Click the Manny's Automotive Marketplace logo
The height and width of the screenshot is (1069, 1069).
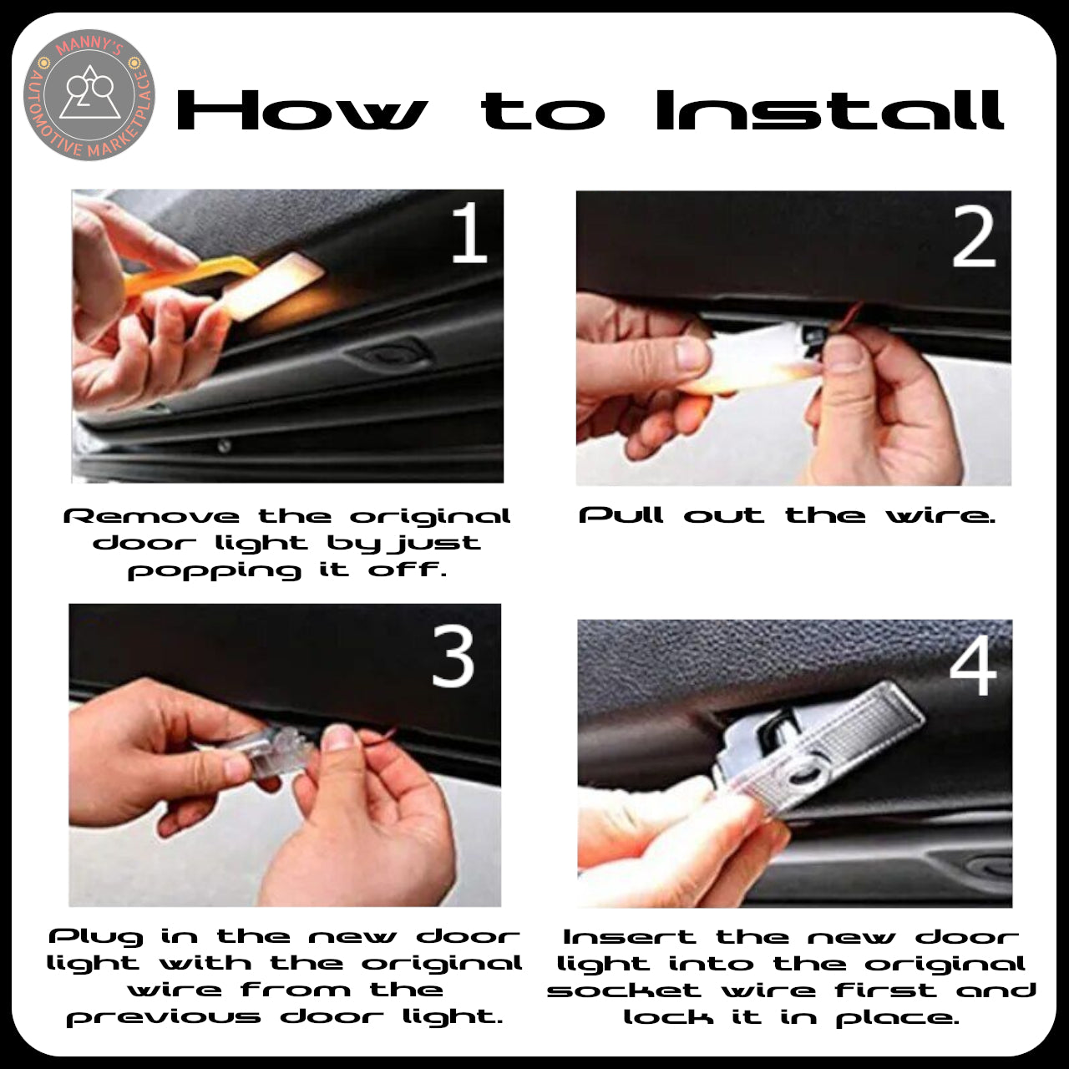click(x=89, y=95)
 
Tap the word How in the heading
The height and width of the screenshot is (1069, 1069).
click(x=302, y=110)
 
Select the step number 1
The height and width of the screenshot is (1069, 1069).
click(x=469, y=232)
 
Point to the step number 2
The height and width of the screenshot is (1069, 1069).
click(x=974, y=237)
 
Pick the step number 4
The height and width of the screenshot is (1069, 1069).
click(x=973, y=665)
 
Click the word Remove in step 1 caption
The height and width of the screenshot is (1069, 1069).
click(x=151, y=516)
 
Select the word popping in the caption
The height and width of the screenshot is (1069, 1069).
click(x=214, y=572)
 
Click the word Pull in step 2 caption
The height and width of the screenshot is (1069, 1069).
click(x=621, y=515)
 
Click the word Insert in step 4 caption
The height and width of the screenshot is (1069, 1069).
click(x=629, y=937)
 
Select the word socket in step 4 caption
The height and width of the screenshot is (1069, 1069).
click(x=624, y=990)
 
